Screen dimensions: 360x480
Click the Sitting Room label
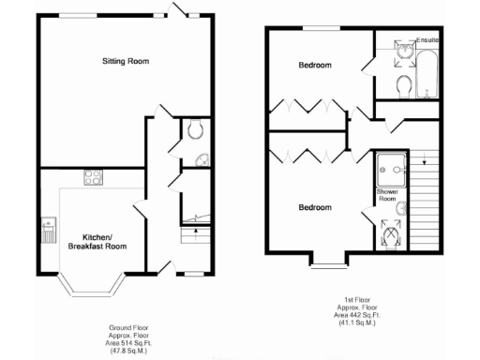126,62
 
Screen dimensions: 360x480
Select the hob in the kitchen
94,175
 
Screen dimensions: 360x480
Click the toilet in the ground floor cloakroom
195,130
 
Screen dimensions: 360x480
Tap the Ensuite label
427,40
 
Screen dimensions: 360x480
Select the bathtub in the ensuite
427,71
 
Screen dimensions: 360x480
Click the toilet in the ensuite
403,85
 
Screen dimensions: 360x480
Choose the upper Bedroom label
314,66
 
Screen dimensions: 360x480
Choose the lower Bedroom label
314,207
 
